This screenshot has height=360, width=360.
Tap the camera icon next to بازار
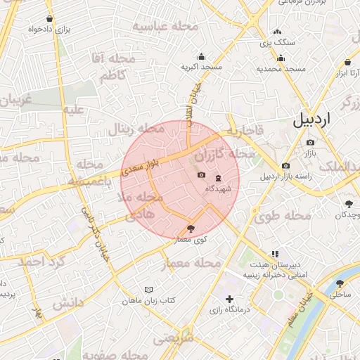pos(310,143)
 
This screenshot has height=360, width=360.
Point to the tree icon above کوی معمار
pos(191,228)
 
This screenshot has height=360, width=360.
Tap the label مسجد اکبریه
pos(202,67)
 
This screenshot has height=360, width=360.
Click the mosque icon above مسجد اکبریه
pos(202,56)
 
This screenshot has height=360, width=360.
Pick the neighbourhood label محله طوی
pos(282,217)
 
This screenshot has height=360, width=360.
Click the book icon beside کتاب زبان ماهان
pos(148,290)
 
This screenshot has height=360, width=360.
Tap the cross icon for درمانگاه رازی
pos(229,300)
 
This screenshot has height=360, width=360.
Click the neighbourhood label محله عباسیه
pos(167,27)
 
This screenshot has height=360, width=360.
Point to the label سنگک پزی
pos(278,43)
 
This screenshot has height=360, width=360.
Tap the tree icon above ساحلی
pos(340,284)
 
